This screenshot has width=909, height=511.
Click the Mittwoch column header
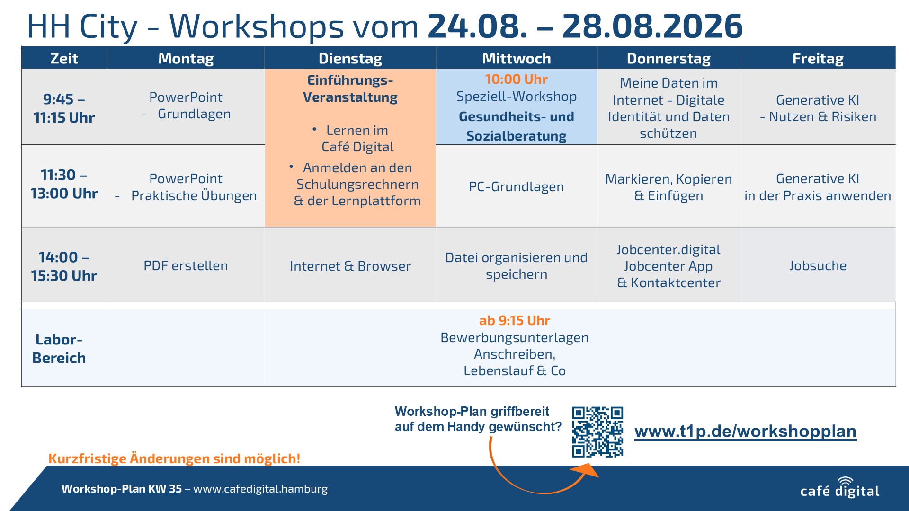click(516, 58)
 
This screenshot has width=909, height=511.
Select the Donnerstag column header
click(668, 58)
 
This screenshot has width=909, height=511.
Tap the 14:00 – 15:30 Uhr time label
click(64, 266)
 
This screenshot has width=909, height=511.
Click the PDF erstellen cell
click(186, 265)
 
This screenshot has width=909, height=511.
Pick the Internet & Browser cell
click(350, 266)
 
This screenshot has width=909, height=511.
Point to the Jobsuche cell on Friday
click(818, 265)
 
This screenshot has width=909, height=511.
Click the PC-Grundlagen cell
click(516, 186)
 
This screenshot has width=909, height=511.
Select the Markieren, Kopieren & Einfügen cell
click(668, 187)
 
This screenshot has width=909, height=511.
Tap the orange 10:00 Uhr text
click(516, 79)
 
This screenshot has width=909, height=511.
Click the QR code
click(597, 432)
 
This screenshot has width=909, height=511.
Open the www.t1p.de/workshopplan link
click(745, 432)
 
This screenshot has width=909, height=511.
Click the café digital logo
click(839, 488)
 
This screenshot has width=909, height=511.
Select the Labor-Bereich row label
click(59, 349)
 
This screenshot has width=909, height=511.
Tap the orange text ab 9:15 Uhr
click(515, 320)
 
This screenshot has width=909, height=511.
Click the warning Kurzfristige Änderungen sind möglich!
click(174, 458)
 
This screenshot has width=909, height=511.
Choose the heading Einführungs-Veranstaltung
click(350, 88)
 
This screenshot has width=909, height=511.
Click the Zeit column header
click(64, 58)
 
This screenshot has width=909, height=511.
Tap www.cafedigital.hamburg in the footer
click(260, 489)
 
